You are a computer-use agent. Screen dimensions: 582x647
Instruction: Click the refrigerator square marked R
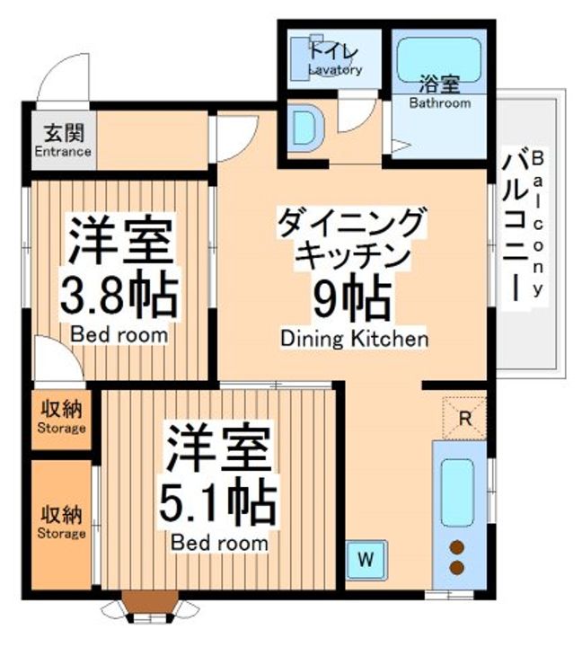point(464,418)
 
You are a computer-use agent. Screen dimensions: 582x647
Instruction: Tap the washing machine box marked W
point(366,560)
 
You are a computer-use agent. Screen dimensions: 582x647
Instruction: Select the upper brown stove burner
point(456,547)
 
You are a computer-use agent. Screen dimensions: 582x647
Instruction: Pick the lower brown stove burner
point(456,567)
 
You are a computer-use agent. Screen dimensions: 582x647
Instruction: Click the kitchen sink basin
point(457,492)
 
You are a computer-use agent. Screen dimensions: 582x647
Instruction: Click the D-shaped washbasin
point(304,127)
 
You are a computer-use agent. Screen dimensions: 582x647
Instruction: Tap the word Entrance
point(63,152)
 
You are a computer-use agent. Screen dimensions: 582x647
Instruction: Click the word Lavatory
point(335,70)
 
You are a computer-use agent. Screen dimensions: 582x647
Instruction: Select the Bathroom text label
point(440,102)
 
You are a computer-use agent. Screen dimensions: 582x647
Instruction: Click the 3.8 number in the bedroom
point(93,293)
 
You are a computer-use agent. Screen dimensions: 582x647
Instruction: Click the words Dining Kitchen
point(354,339)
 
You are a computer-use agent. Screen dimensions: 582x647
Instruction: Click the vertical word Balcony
point(538,224)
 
